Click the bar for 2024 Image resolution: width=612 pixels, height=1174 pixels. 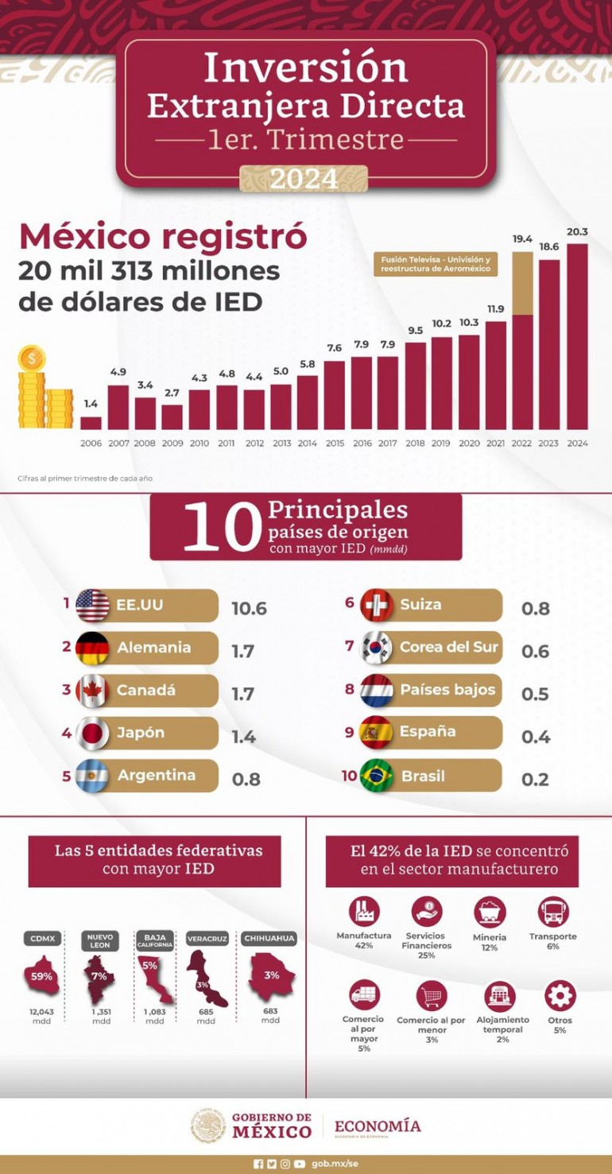coord(578,336)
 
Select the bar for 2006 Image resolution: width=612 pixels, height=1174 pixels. coord(91,423)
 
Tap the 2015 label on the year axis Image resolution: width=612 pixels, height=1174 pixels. coord(334,443)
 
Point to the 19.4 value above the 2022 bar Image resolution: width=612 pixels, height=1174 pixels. coord(522,238)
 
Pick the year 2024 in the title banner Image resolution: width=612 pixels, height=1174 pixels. coord(304,179)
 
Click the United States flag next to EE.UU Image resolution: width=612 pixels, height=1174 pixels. coord(92,606)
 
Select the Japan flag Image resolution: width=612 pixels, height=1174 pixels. coord(92,734)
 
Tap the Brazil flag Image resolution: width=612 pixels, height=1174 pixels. coord(376,777)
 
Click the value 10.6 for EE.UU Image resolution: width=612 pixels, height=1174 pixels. coord(249,609)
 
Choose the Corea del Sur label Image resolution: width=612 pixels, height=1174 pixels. coord(449,647)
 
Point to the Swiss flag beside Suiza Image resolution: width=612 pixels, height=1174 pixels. coord(376,606)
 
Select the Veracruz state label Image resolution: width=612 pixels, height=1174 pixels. coord(207,939)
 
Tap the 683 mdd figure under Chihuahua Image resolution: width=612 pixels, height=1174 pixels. coord(270,1011)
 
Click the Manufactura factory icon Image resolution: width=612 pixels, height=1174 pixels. coord(364,912)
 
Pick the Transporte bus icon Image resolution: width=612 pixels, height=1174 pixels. coord(553,912)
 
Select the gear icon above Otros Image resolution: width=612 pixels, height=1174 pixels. coord(560,996)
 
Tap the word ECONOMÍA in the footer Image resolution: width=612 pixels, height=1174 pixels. coord(378,1126)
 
